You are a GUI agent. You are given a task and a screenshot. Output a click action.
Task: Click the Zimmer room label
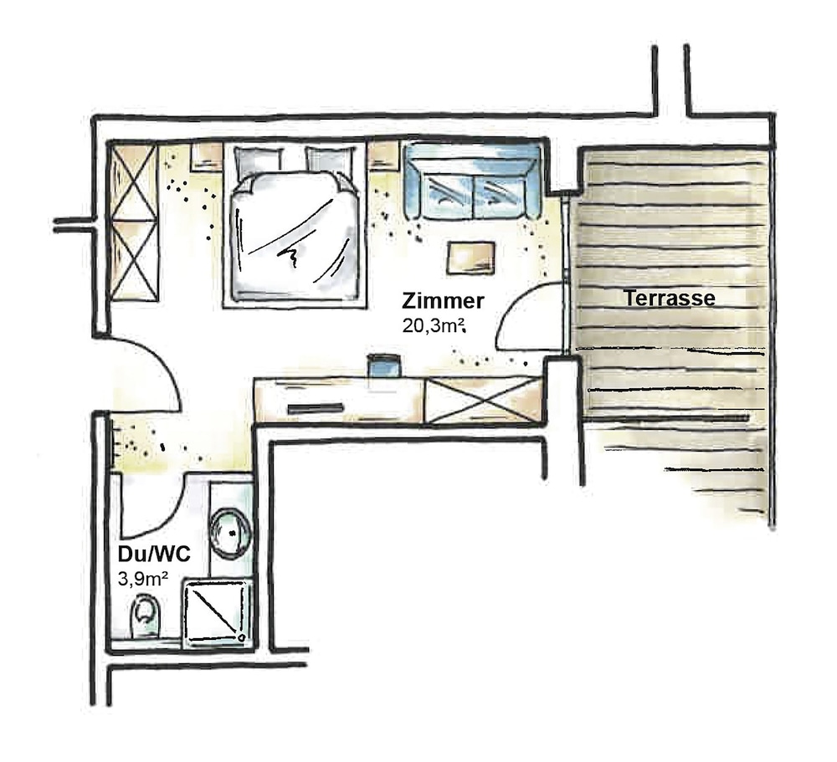tap(443, 301)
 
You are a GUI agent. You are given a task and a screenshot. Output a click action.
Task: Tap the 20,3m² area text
tap(434, 325)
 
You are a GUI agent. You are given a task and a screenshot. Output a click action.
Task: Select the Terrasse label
tap(670, 298)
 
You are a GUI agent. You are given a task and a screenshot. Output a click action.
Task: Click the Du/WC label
tap(154, 555)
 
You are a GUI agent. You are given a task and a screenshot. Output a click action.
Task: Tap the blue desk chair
tap(384, 366)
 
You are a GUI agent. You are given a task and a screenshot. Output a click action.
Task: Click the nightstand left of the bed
tap(207, 157)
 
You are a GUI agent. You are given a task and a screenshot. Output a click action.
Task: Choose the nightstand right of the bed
tap(384, 157)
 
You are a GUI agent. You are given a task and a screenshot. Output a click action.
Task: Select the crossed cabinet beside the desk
tap(484, 400)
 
